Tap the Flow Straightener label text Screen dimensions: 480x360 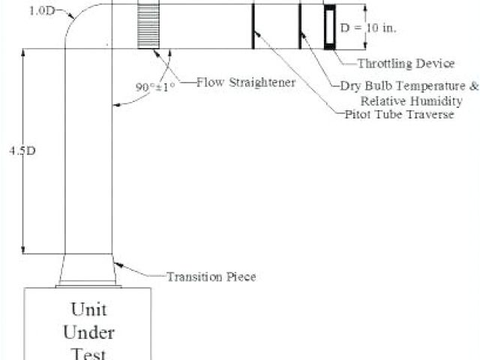(x=246, y=82)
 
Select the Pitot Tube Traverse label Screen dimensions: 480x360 (x=399, y=114)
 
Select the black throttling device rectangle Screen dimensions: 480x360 (x=330, y=28)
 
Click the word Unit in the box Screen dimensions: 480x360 (x=88, y=308)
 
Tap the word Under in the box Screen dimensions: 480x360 (x=88, y=331)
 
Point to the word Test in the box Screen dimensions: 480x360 (x=88, y=352)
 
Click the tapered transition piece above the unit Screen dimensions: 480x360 (x=88, y=268)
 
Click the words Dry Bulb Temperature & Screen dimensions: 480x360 (x=409, y=86)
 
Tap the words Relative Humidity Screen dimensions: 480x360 (x=408, y=100)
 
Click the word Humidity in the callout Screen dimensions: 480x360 (x=430, y=100)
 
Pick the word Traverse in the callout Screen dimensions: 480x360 (x=430, y=114)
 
